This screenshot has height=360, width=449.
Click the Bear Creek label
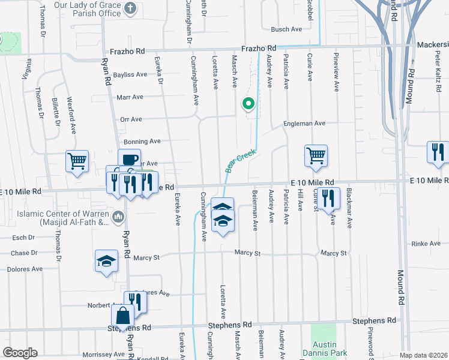[241, 161]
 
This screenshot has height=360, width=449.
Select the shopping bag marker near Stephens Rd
[122, 316]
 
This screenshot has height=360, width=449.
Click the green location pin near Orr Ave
[248, 104]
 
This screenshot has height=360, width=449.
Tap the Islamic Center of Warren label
[58, 218]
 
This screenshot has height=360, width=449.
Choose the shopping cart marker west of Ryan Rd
[77, 161]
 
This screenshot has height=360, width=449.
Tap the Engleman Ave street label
[304, 123]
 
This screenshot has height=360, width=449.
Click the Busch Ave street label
[286, 29]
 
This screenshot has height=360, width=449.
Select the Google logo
[20, 353]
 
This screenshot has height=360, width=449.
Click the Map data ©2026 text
[424, 355]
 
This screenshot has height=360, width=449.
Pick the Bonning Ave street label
[142, 141]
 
